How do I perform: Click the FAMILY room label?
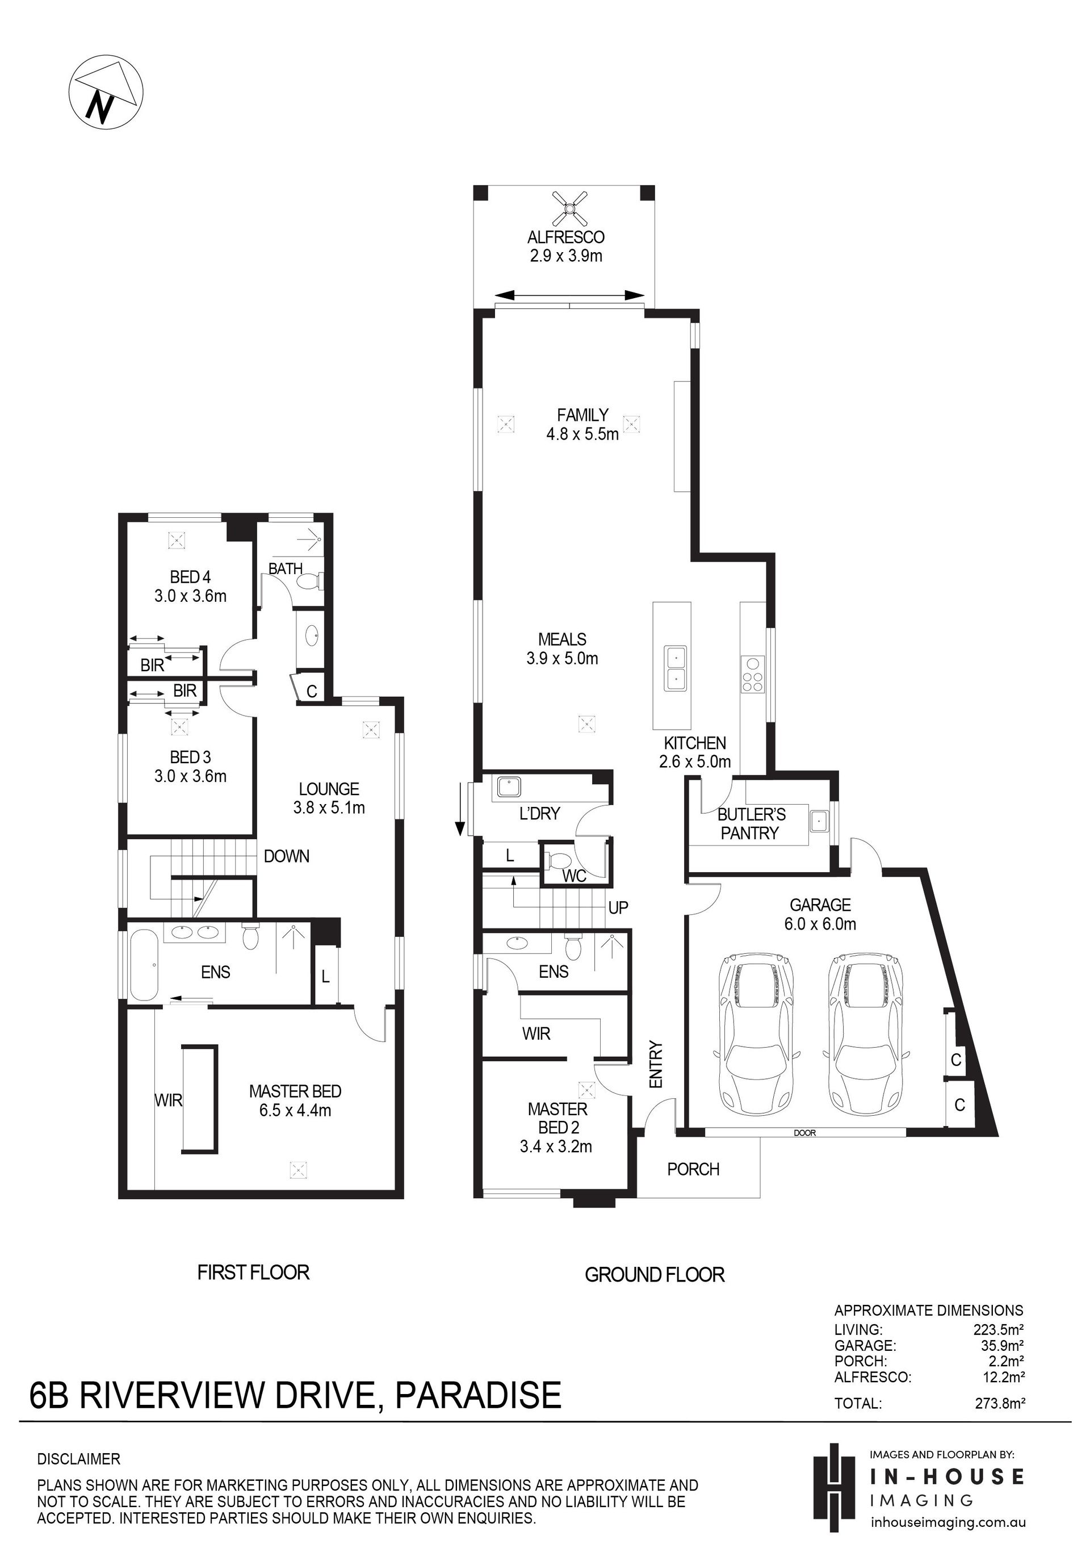pos(582,415)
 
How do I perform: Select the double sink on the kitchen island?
pos(676,668)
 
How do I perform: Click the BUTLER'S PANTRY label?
pos(751,824)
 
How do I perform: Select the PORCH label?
pos(693,1169)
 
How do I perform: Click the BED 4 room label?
pos(191,577)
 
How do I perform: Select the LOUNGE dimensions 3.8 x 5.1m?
pos(329,807)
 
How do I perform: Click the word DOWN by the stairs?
pos(287,856)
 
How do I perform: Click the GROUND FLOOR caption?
pos(654,1275)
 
